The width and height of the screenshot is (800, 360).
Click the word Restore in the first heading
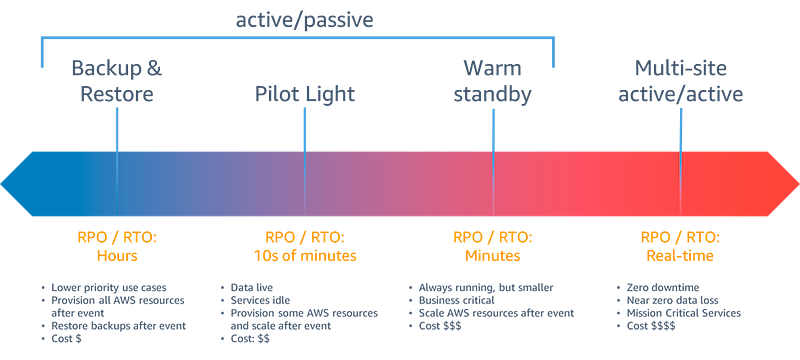point(117,95)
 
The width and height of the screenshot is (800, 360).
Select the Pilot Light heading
point(305,95)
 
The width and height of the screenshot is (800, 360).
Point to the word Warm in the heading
point(492,69)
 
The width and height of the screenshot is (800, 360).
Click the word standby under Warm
point(492,95)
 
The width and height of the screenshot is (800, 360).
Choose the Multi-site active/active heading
point(680,82)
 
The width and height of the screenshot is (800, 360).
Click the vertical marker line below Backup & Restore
point(117,130)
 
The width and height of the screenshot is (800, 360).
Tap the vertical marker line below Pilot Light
point(305,130)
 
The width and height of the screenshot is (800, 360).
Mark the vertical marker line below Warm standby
point(493,130)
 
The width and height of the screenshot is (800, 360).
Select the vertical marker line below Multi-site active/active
point(680,130)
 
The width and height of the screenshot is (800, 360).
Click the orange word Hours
point(117,255)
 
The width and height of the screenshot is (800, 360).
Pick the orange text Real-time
point(680,255)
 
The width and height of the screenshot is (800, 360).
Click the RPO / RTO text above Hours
point(117,238)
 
